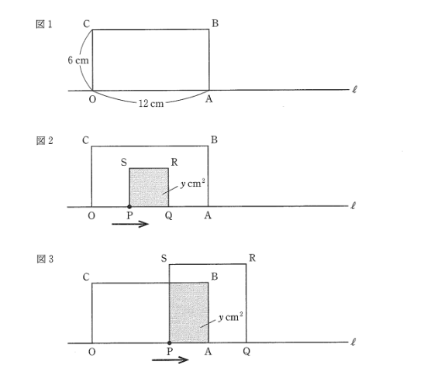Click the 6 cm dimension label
(x=78, y=60)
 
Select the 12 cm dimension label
(x=151, y=104)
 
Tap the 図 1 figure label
(x=44, y=24)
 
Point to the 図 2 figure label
(x=44, y=141)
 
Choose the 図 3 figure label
(x=45, y=259)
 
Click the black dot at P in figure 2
(x=129, y=207)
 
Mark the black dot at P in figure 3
(x=169, y=343)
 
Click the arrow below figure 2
(x=130, y=224)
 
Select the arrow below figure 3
(x=170, y=359)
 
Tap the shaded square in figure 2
(x=149, y=187)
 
